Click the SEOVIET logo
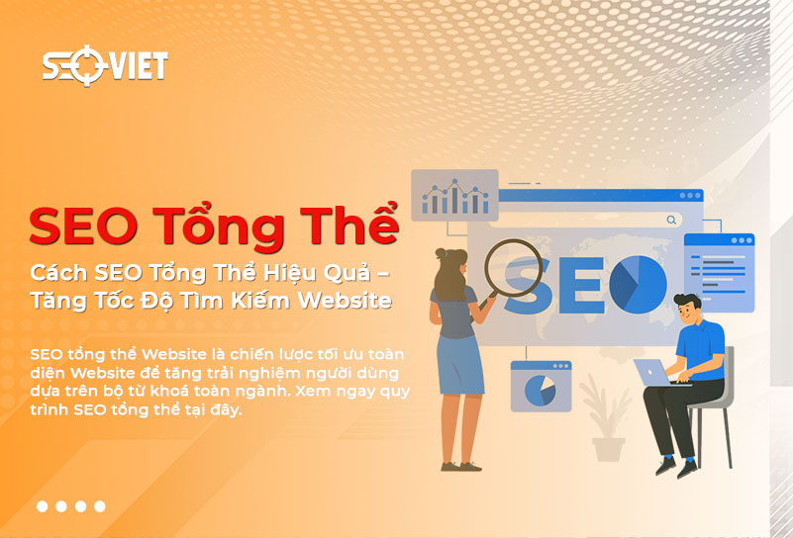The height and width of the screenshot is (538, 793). pyautogui.click(x=104, y=66)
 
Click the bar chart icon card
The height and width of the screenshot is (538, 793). pyautogui.click(x=454, y=195)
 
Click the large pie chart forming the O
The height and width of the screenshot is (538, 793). pyautogui.click(x=638, y=281)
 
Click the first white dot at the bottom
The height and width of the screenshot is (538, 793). pyautogui.click(x=43, y=506)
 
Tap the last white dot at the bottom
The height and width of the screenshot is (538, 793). pyautogui.click(x=99, y=506)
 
